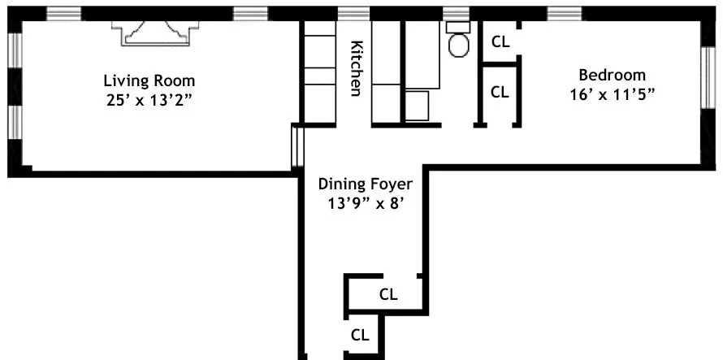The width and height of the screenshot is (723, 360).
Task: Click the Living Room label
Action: (149, 80)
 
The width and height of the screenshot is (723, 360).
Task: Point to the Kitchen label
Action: (356, 68)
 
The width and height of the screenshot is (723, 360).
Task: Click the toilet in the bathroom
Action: (459, 42)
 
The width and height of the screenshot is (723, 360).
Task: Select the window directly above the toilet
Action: (456, 13)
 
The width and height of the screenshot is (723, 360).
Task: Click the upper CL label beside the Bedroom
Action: (500, 41)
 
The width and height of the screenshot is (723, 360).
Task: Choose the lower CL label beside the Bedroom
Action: (500, 92)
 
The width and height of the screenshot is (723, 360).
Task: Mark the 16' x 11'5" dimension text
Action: (612, 93)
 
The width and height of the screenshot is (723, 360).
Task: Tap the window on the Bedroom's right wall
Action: (706, 78)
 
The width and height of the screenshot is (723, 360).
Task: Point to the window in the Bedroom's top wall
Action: (565, 13)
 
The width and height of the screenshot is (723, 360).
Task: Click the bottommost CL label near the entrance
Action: (360, 334)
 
